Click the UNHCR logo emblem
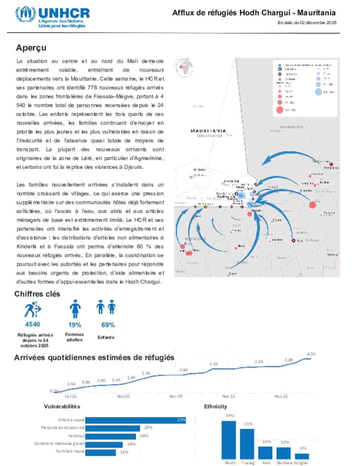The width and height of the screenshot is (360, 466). tap(25, 14)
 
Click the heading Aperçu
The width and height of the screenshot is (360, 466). tap(31, 48)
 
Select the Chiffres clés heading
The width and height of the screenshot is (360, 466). tap(37, 294)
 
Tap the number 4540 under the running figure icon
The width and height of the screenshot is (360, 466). tap(32, 324)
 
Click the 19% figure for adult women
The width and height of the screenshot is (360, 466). tap(75, 325)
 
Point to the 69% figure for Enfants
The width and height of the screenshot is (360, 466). tap(108, 325)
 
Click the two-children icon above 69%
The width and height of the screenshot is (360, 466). tap(106, 307)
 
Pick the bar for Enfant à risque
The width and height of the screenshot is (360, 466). tap(135, 420)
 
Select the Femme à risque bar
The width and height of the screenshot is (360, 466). tap(101, 452)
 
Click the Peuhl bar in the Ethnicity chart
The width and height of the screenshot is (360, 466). tap(229, 440)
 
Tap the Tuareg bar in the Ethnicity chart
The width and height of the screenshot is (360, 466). tap(247, 444)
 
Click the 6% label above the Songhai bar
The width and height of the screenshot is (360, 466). tap(303, 448)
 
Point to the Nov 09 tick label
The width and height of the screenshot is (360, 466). tap(176, 396)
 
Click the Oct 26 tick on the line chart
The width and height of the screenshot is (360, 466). tap(71, 396)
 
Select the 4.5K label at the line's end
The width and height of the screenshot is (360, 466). tap(311, 354)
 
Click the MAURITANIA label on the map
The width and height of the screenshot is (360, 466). tap(208, 131)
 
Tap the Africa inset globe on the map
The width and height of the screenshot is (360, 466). tap(184, 67)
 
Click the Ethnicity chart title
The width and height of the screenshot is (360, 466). tap(216, 407)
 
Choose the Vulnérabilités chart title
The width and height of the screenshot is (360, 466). tap(62, 407)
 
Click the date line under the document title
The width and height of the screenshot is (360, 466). tap(307, 23)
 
